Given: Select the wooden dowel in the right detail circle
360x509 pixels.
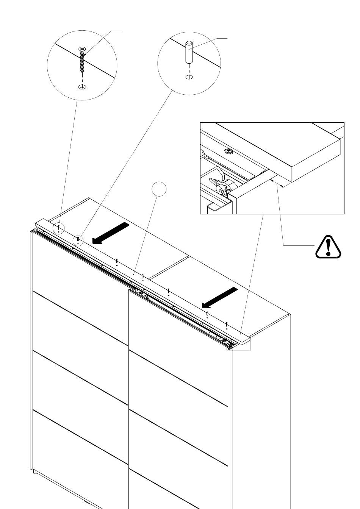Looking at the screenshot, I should coord(189,53).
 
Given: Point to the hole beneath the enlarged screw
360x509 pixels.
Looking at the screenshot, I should coord(82,87).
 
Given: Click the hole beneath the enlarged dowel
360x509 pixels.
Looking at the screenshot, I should coord(189,77).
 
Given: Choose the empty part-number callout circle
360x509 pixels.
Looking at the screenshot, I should coord(159,189).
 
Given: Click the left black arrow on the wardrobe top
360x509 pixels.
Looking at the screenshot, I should coord(110,233).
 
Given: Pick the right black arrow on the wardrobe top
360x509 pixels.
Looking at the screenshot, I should coord(220,297).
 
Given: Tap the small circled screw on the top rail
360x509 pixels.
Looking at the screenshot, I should coord(59,228).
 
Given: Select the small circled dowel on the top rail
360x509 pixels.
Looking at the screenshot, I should coord(78,240).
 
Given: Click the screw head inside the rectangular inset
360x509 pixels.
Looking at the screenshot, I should coord(228,151).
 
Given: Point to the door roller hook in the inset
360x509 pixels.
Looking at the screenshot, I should coord(220,187).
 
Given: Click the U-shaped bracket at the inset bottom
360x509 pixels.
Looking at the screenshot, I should coord(216,208).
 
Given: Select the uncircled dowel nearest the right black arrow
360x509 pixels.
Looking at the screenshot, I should coord(207,314).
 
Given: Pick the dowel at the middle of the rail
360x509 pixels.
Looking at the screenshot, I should coord(142,278).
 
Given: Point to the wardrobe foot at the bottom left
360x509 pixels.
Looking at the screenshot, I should coord(35,472).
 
